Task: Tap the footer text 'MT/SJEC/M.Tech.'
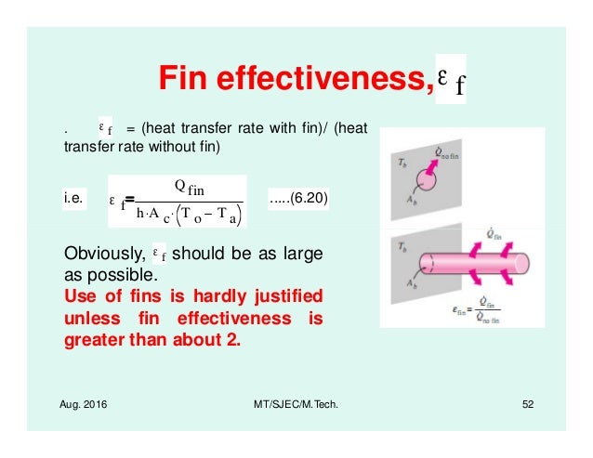tap(291, 411)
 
